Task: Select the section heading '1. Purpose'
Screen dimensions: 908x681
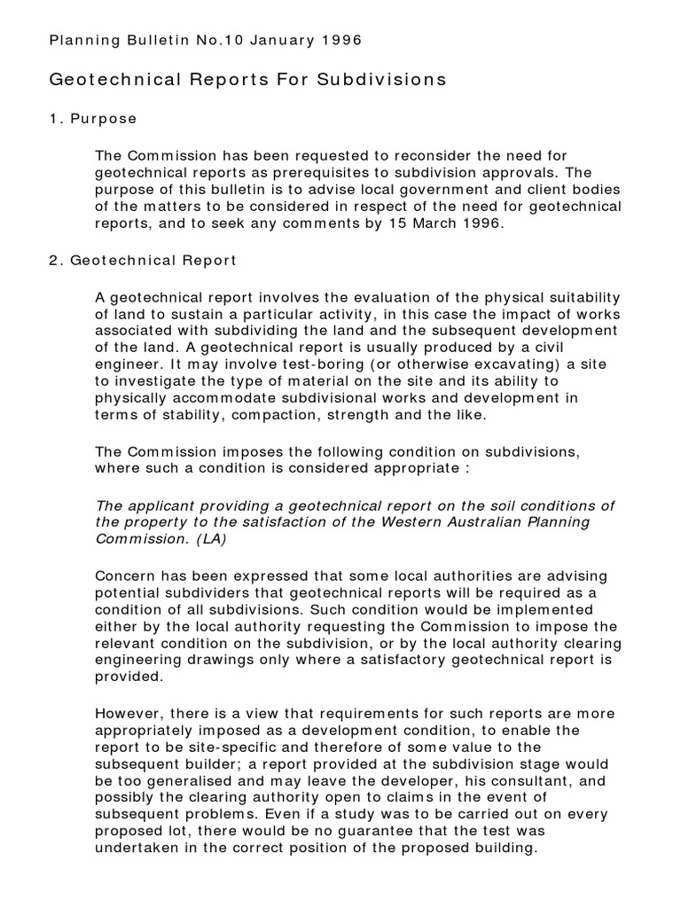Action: [x=93, y=119]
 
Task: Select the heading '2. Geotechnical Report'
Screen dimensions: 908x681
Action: [x=142, y=261]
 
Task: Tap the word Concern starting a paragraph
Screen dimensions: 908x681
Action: [x=125, y=575]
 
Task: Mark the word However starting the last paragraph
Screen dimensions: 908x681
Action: [x=129, y=713]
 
